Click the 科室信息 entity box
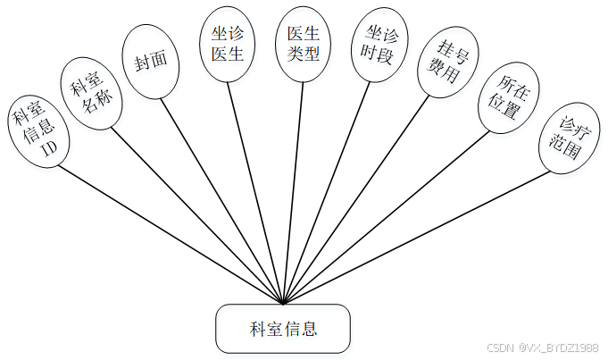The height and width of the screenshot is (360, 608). tap(283, 329)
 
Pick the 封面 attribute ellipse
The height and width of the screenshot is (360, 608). tap(150, 60)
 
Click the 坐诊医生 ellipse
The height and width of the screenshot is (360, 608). tap(227, 42)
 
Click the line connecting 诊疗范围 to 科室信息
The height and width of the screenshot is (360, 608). tap(420, 237)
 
